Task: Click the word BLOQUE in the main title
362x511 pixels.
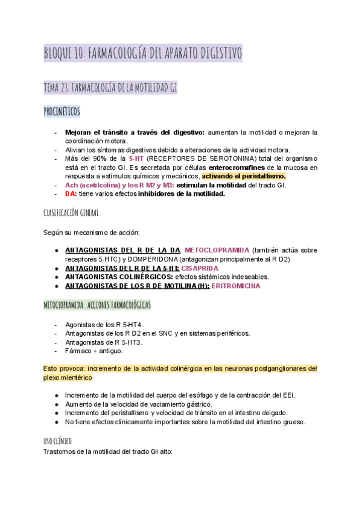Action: tap(59, 53)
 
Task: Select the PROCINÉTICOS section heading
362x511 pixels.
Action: tap(62, 111)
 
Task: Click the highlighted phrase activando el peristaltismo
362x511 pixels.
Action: tap(244, 176)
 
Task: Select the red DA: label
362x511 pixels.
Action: tap(71, 194)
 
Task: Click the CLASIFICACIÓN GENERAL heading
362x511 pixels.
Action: tap(72, 213)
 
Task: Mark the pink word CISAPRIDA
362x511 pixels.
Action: tap(200, 268)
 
